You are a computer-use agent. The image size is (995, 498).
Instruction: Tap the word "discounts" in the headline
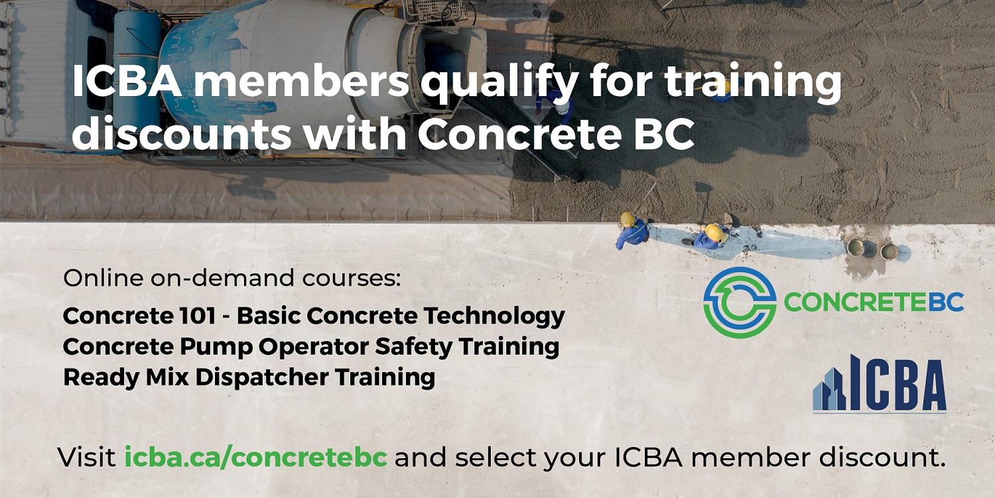181,133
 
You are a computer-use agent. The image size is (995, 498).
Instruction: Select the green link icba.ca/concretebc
256,457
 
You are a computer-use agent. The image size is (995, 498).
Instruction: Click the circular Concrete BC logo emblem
740,302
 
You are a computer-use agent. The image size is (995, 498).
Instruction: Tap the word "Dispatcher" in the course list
262,377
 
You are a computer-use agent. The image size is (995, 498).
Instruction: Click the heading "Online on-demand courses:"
232,278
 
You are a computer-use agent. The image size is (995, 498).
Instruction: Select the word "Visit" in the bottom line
87,457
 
